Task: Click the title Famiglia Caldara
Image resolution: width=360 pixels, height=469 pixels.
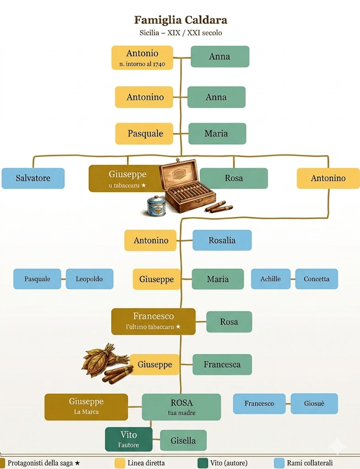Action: [x=180, y=20]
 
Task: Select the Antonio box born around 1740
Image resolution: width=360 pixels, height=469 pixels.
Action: [x=142, y=58]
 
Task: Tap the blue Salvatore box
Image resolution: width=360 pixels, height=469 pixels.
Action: [x=33, y=178]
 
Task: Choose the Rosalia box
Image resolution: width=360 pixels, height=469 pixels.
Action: [x=222, y=240]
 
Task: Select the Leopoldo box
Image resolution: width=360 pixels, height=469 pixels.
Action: [x=89, y=279]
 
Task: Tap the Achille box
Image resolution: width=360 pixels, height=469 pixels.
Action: [x=270, y=279]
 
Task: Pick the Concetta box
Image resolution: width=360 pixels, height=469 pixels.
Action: [x=316, y=279]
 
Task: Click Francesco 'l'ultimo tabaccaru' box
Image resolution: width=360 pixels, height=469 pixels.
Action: [x=153, y=321]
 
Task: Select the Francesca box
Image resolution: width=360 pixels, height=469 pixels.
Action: [x=222, y=365]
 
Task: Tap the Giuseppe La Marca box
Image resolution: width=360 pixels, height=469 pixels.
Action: [x=86, y=406]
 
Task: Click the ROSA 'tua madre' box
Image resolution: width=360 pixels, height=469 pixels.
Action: [x=181, y=407]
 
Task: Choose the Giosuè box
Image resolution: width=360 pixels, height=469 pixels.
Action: [x=314, y=404]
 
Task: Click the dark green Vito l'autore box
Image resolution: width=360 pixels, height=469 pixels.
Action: [x=128, y=439]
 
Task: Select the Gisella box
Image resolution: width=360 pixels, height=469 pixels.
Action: [x=183, y=441]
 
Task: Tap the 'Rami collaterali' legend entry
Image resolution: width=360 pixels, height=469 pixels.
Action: [x=304, y=463]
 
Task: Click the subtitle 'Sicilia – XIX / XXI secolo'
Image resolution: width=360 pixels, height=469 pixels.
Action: [x=180, y=33]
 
